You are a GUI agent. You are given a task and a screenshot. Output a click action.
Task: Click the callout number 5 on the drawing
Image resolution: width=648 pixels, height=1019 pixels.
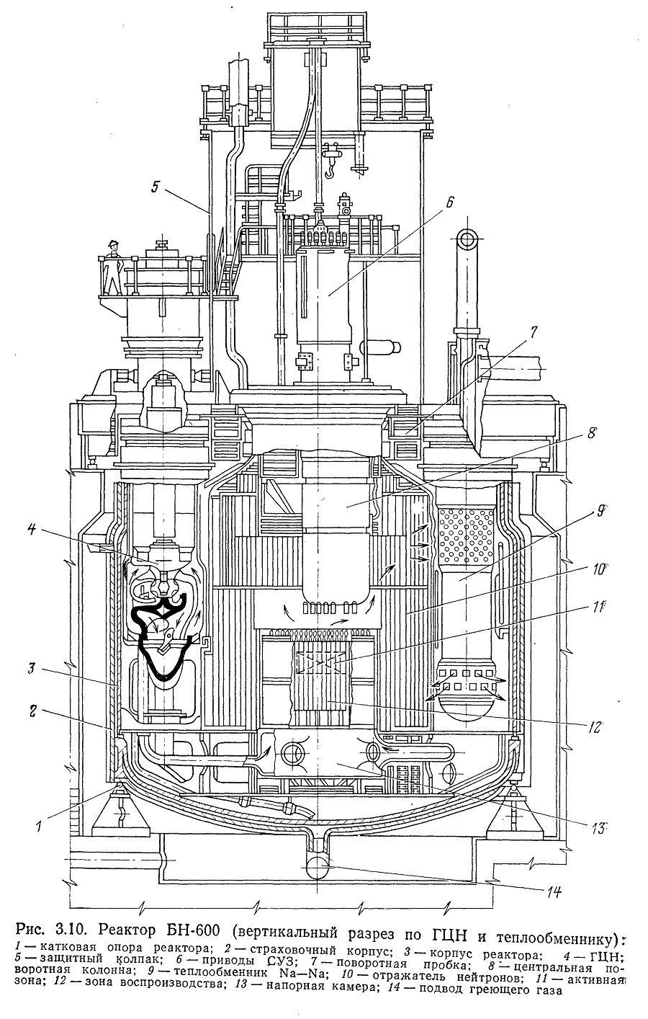tap(156, 187)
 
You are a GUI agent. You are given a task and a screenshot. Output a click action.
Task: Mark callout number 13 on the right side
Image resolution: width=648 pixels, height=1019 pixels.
tap(598, 829)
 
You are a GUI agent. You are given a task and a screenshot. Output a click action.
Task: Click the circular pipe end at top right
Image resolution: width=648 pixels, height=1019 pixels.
tap(467, 239)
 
